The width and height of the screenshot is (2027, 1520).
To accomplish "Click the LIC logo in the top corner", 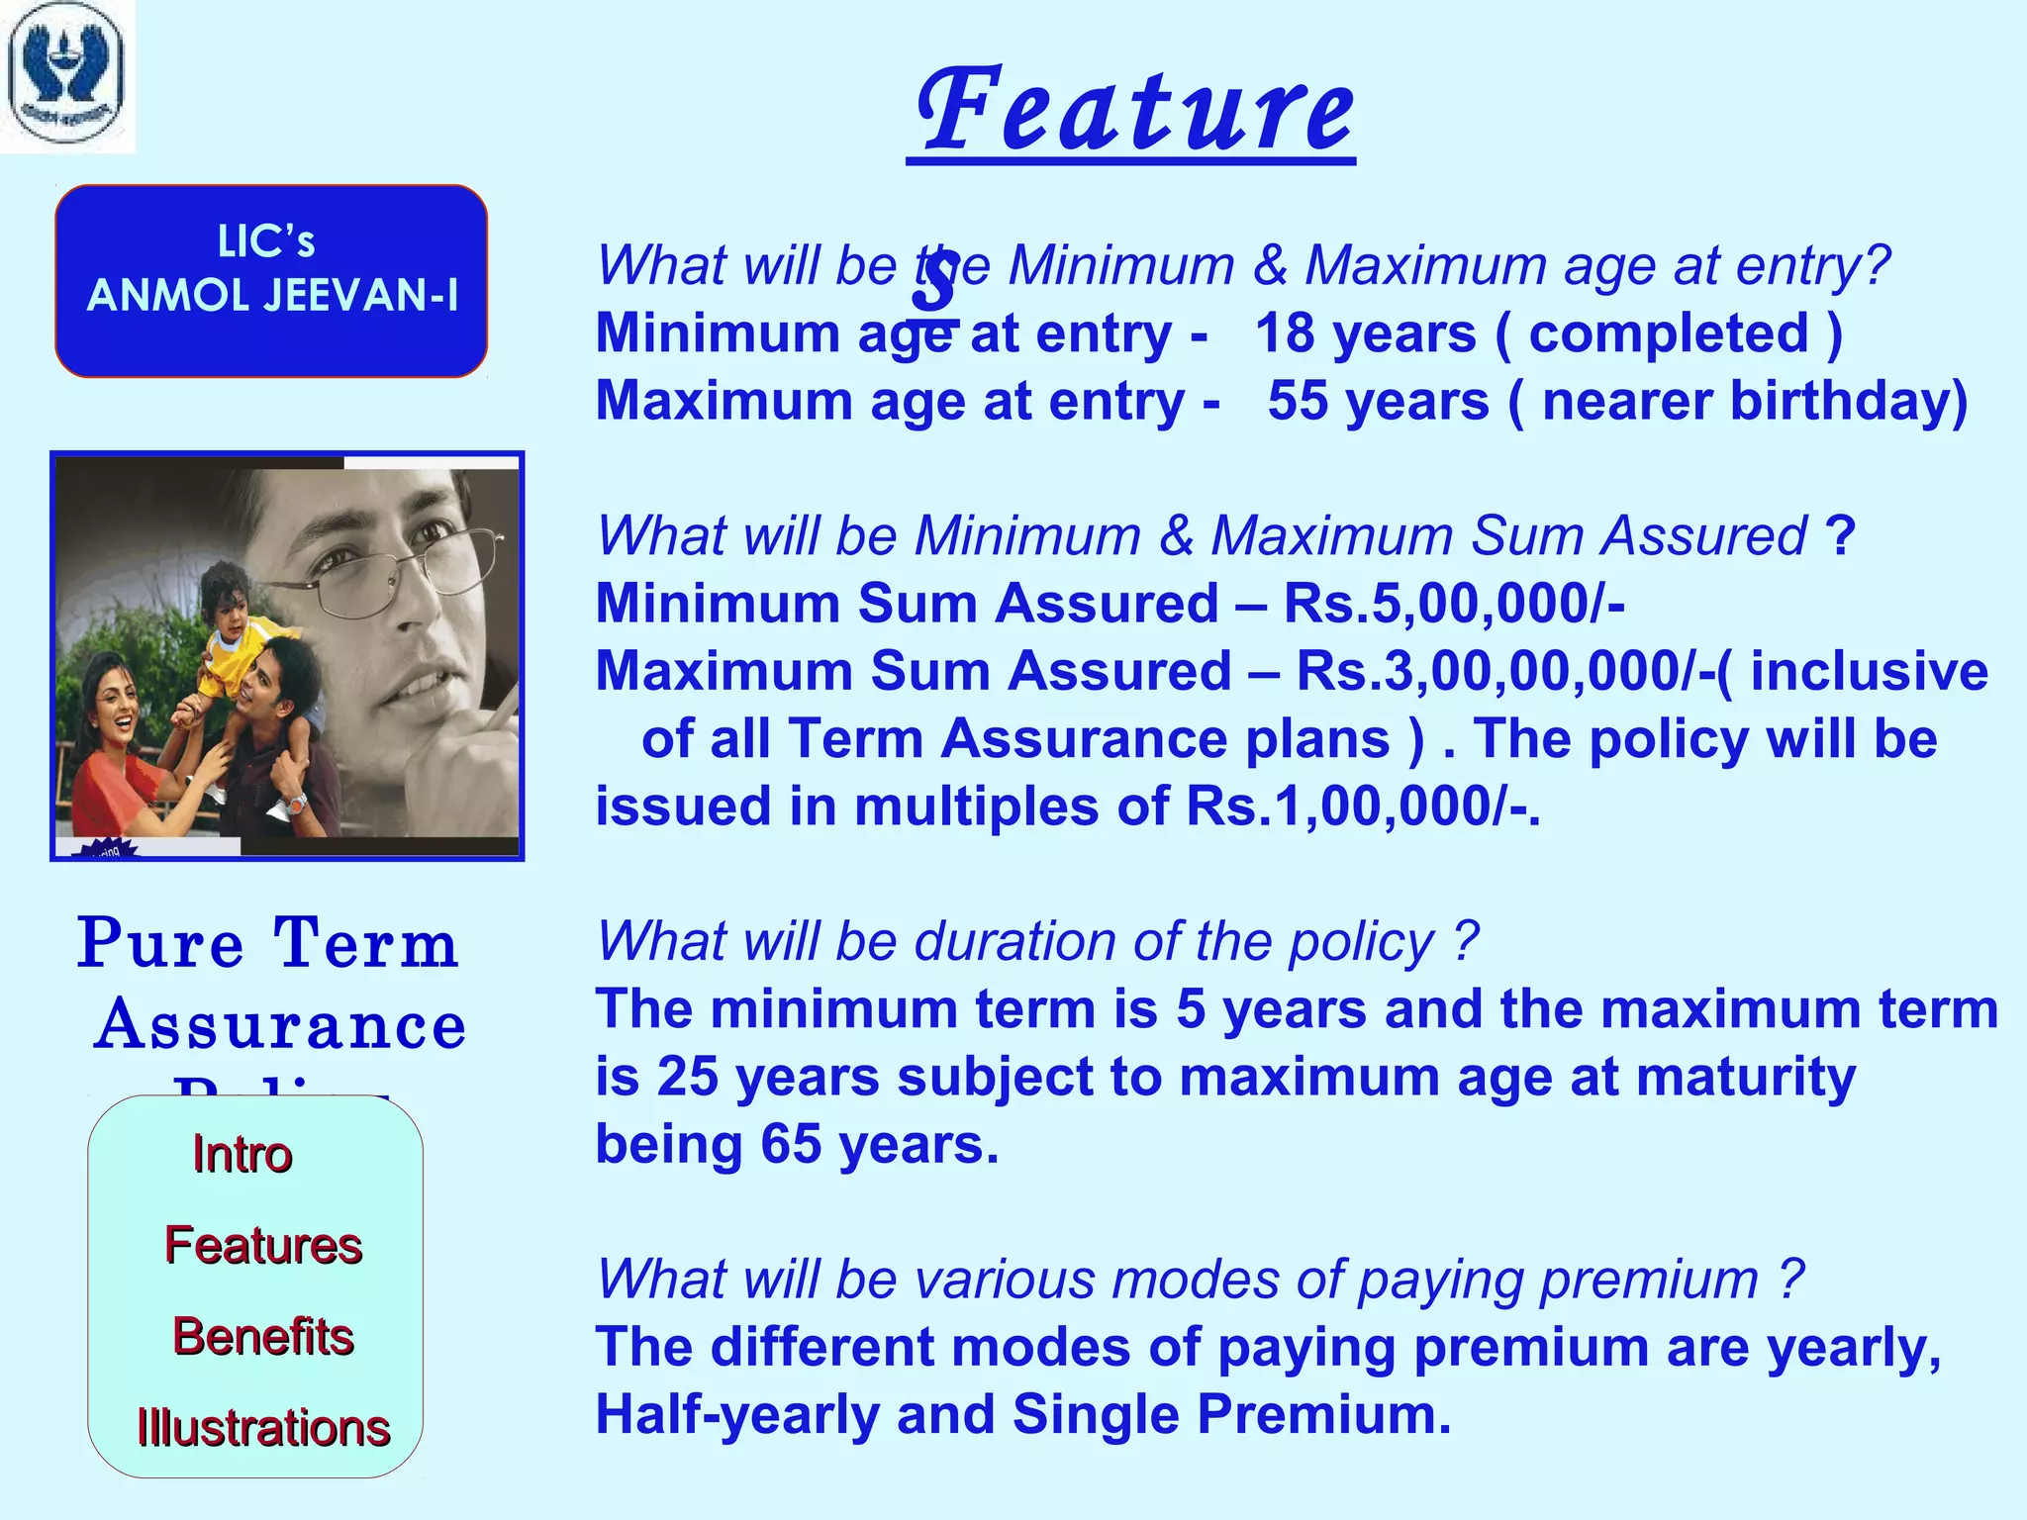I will point(66,76).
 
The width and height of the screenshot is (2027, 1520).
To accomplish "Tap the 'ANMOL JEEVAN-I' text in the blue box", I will point(272,296).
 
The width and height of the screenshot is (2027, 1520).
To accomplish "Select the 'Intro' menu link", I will point(242,1155).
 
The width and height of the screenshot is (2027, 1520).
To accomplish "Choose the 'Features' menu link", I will point(263,1245).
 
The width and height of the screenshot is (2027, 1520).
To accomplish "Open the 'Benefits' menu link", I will point(263,1337).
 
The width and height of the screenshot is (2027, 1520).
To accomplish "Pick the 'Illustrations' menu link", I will point(263,1428).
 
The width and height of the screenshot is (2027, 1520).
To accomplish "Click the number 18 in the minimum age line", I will point(1286,333).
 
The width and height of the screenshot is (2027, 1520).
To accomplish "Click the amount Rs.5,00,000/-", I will point(1454,604).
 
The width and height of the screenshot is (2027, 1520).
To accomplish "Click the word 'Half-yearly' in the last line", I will point(737,1414).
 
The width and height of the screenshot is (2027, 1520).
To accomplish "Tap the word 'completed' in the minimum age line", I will point(1669,333).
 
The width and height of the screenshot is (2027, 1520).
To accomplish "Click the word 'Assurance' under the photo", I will point(281,1025).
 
